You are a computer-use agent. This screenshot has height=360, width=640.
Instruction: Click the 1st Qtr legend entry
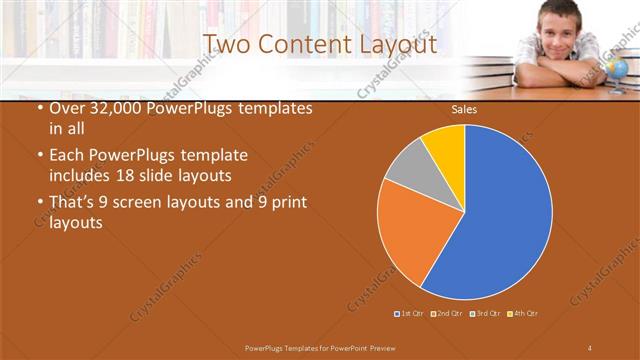pos(410,314)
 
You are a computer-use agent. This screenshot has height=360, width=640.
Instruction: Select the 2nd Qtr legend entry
pos(445,314)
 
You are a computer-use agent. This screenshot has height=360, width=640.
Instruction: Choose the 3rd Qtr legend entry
pos(484,314)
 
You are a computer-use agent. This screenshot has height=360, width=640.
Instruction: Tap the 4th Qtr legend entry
pos(523,314)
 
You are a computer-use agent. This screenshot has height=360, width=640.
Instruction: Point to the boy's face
pos(554,25)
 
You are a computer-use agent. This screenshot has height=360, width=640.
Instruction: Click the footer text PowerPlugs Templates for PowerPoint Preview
pos(321,346)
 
